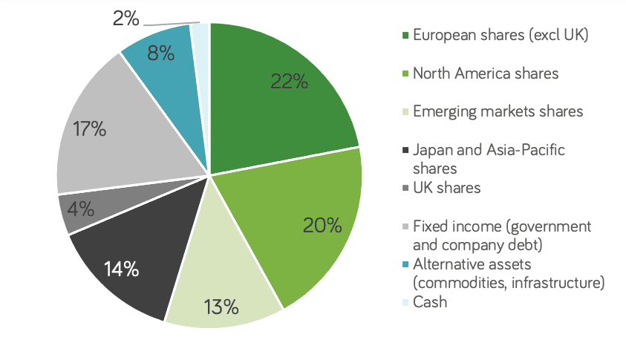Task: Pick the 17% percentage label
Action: tap(90, 128)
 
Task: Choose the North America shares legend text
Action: tap(486, 73)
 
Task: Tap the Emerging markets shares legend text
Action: tap(498, 111)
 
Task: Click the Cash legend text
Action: tap(430, 302)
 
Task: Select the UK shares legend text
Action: tap(446, 188)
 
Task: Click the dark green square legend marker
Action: tap(405, 35)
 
